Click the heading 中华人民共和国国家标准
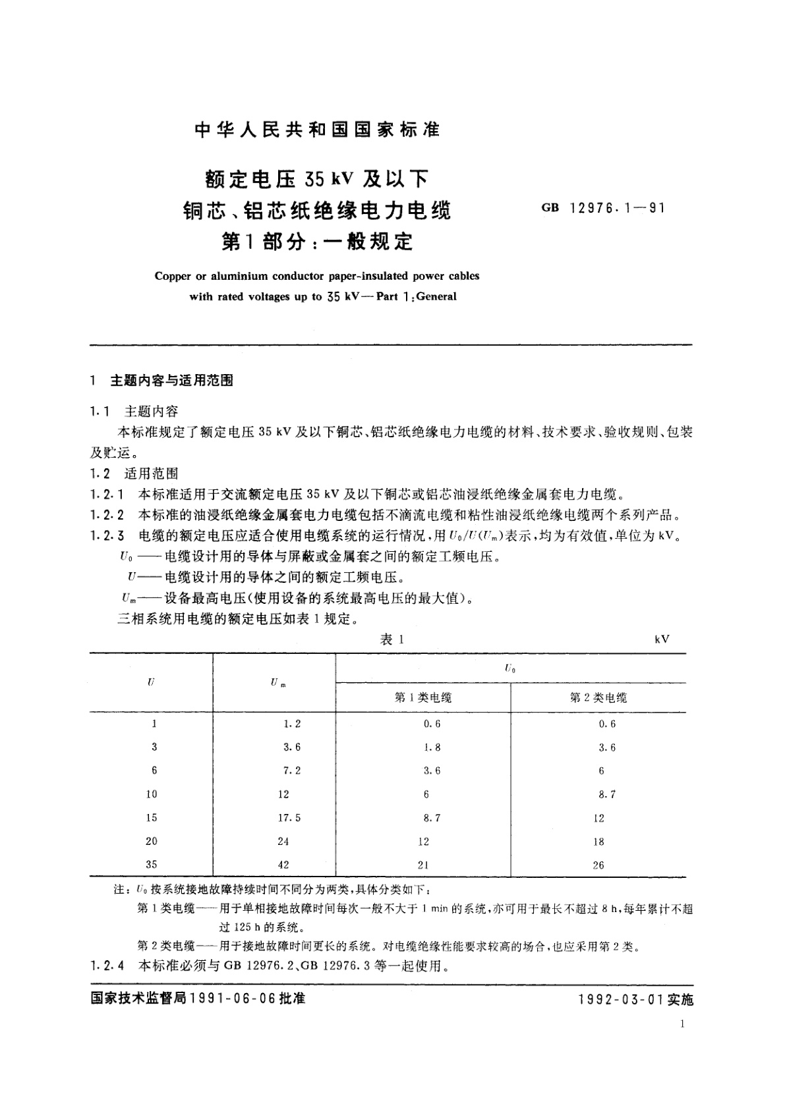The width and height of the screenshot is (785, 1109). (x=318, y=130)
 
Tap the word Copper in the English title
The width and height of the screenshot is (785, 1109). (x=172, y=276)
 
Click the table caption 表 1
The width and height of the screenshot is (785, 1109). (x=392, y=639)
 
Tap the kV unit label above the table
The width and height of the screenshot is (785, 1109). (x=662, y=639)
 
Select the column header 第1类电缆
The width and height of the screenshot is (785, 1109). (x=423, y=697)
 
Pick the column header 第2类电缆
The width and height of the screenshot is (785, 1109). (x=598, y=697)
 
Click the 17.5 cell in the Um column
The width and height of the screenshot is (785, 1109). (x=289, y=817)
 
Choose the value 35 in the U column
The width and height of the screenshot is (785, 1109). (x=152, y=865)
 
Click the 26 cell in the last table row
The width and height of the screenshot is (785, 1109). (x=598, y=865)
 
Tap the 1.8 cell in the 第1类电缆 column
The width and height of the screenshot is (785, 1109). (x=432, y=747)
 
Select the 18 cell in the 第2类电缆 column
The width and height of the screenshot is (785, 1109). (x=598, y=842)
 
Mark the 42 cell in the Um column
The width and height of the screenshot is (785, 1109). (x=283, y=865)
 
